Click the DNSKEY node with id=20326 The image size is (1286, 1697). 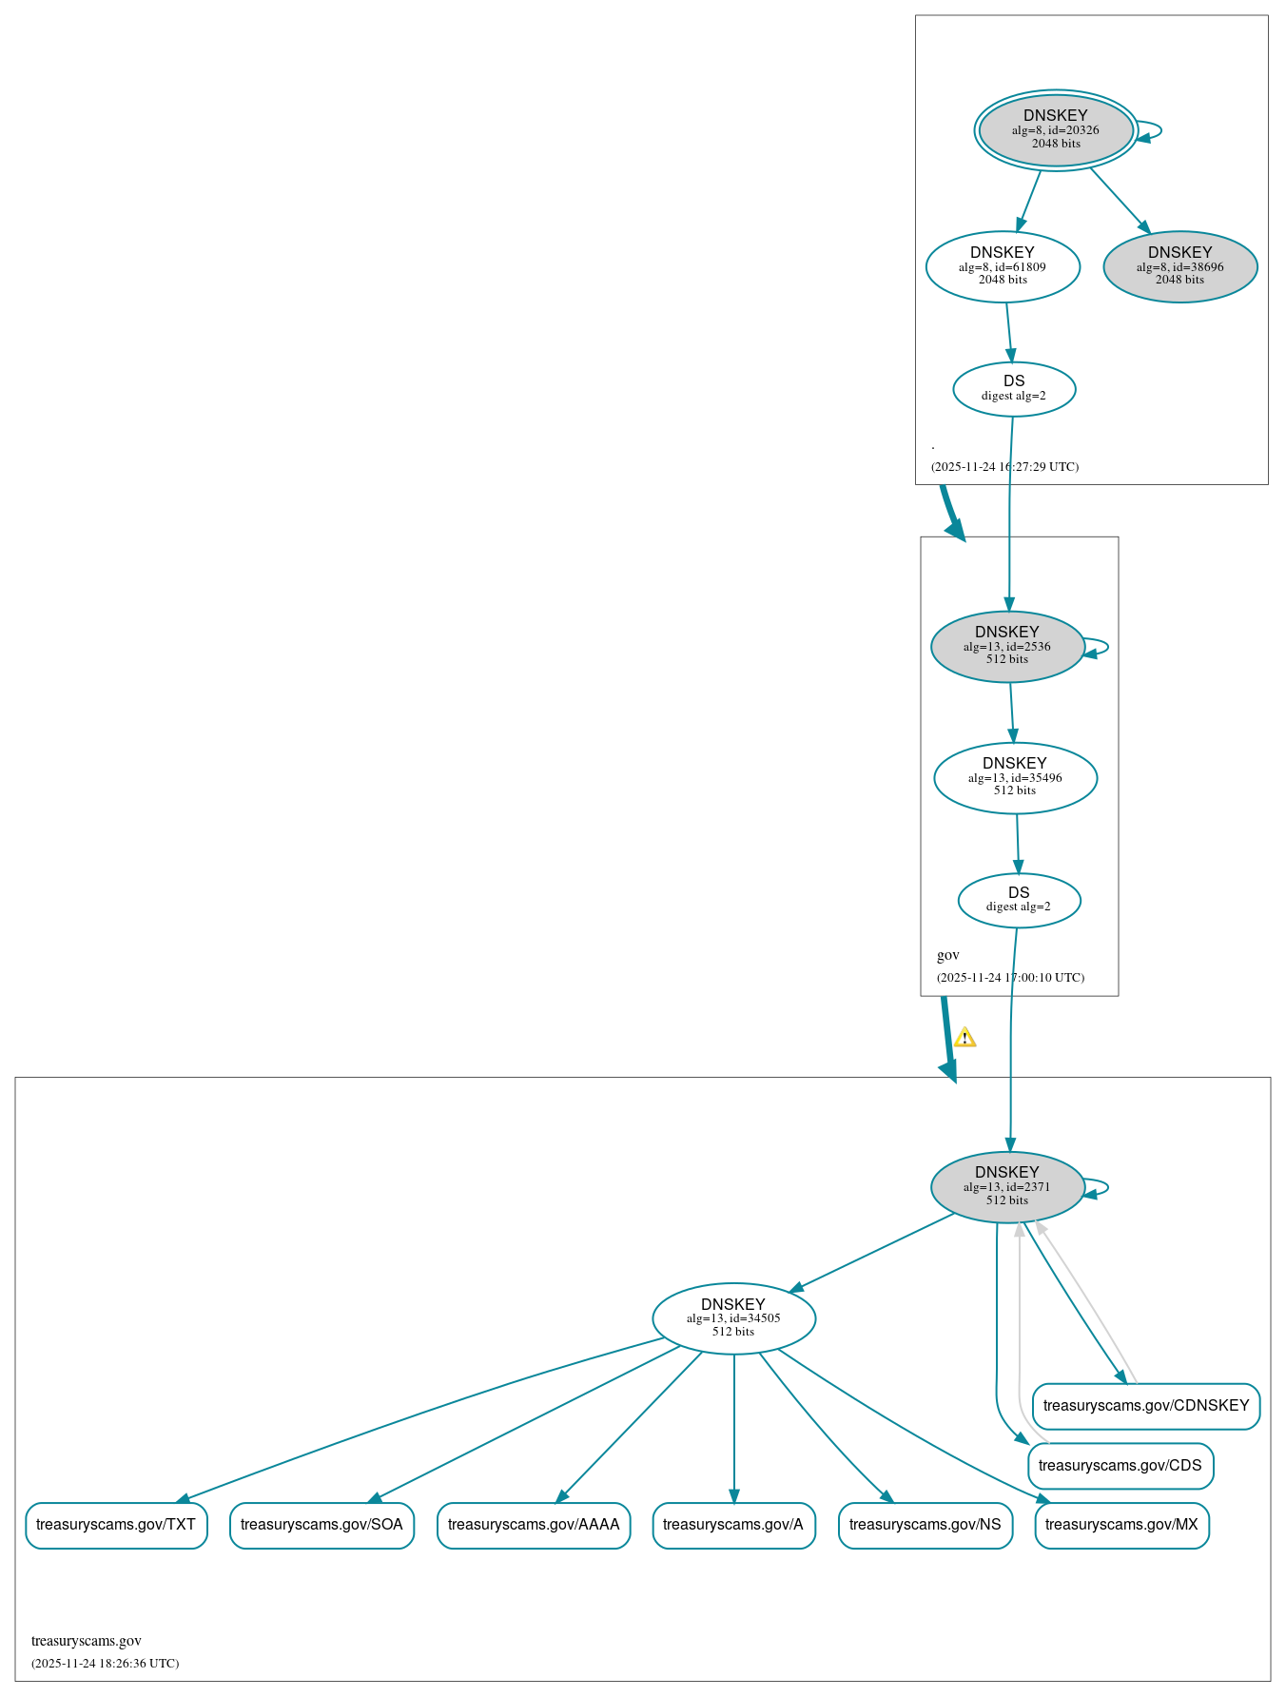(1055, 130)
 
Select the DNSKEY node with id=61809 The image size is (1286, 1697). (1002, 266)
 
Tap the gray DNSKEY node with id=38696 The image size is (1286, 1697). (1179, 266)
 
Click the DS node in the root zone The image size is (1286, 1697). (1014, 388)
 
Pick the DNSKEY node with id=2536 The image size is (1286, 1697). (1006, 646)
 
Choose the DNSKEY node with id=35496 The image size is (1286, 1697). (1015, 777)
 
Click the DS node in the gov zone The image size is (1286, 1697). (1019, 899)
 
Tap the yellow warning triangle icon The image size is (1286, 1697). (964, 1037)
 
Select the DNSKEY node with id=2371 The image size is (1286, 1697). (1006, 1186)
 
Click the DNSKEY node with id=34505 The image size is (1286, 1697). (733, 1317)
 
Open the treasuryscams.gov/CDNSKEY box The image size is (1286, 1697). (1145, 1405)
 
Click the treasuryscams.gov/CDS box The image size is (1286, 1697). (1120, 1465)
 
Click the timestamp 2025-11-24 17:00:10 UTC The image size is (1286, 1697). (1010, 977)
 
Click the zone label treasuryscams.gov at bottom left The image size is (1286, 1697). (87, 1640)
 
